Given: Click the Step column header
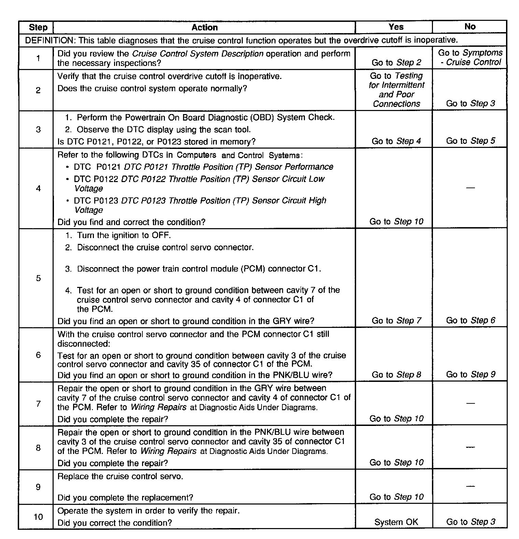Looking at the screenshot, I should [38, 27].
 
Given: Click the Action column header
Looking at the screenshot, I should [204, 27].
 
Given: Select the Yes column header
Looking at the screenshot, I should [396, 27].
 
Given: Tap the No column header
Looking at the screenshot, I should [470, 27].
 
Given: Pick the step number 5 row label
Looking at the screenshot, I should [38, 278].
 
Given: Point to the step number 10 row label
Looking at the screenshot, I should [38, 517].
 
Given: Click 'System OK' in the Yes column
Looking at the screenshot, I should [396, 522].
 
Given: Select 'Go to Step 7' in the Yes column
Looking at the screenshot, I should [396, 321].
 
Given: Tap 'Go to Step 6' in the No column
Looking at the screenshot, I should [470, 320].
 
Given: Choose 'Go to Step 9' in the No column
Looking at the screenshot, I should [470, 375].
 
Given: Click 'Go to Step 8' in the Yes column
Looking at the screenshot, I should [396, 375].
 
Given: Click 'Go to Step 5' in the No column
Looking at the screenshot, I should [470, 141].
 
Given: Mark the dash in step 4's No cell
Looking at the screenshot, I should [470, 188].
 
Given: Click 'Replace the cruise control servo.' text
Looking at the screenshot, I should [120, 476].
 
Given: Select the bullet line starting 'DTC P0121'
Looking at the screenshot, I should [203, 167].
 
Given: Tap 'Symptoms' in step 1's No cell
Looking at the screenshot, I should [482, 53].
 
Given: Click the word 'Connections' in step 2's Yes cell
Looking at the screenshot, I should [396, 104].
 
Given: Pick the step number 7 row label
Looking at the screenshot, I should [38, 404].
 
